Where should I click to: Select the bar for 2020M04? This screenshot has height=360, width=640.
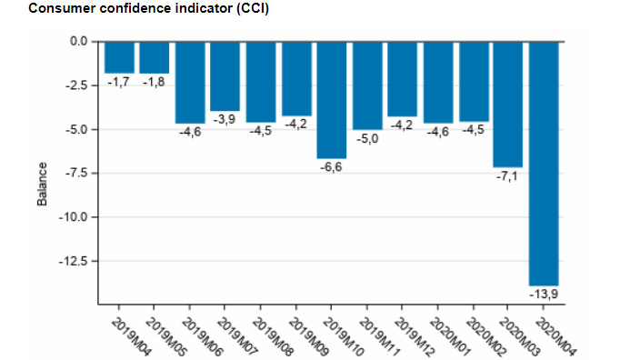pyautogui.click(x=544, y=164)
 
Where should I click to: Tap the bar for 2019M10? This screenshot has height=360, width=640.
pyautogui.click(x=331, y=100)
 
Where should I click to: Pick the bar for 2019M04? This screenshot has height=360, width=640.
pyautogui.click(x=119, y=57)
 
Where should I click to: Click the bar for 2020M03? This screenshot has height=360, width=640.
pyautogui.click(x=508, y=105)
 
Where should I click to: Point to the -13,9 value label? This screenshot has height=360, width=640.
pyautogui.click(x=544, y=295)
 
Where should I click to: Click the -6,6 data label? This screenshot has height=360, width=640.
pyautogui.click(x=331, y=167)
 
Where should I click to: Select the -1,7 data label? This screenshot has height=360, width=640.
pyautogui.click(x=119, y=82)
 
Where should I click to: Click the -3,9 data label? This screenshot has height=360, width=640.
pyautogui.click(x=225, y=119)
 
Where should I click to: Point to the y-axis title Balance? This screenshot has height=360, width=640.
pyautogui.click(x=42, y=185)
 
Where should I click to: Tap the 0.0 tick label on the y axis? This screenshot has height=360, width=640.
pyautogui.click(x=77, y=42)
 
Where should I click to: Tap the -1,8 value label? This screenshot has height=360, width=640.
pyautogui.click(x=155, y=82)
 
